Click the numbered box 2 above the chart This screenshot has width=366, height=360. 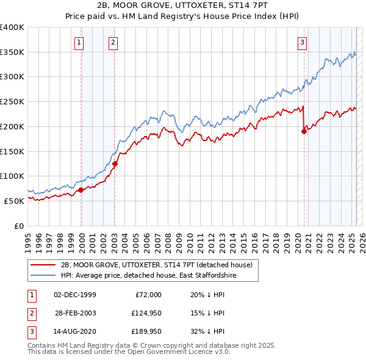[114, 42]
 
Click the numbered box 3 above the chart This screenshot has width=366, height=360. [303, 42]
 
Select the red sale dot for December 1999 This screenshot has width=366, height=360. [81, 190]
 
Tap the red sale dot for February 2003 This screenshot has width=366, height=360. [115, 164]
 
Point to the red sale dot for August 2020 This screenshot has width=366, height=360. [304, 131]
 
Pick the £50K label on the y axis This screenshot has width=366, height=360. [15, 200]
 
